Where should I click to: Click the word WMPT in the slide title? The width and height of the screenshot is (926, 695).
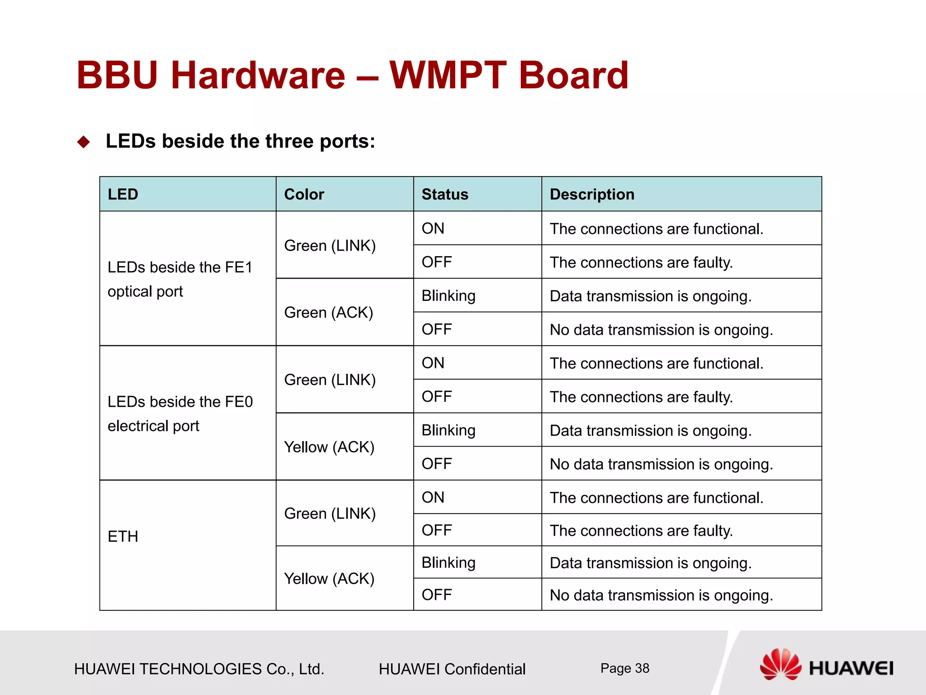(448, 75)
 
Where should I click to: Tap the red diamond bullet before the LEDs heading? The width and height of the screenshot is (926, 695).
(84, 142)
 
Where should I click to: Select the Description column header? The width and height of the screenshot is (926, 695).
(592, 194)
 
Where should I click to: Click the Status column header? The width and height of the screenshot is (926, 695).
(444, 194)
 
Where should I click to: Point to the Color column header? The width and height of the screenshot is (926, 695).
(304, 194)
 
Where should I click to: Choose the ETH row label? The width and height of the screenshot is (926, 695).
(123, 537)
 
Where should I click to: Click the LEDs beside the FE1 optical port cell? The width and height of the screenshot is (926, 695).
(180, 279)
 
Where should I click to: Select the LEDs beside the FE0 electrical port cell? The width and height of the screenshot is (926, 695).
(180, 414)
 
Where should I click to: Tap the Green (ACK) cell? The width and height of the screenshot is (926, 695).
(329, 313)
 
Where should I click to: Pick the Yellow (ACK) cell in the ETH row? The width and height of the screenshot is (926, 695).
(329, 579)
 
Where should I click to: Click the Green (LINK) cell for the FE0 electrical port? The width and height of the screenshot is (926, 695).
(330, 380)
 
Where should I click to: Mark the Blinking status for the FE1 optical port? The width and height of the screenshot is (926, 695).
(448, 296)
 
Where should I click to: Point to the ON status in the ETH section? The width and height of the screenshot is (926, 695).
(433, 497)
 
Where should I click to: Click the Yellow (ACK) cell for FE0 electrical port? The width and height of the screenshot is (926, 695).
(329, 447)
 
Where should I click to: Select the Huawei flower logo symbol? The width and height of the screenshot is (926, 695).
(780, 664)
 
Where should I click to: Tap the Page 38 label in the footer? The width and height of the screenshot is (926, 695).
(624, 668)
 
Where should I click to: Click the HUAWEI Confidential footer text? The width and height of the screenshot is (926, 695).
(452, 669)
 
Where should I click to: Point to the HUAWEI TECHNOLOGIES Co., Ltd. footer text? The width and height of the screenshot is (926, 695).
(199, 669)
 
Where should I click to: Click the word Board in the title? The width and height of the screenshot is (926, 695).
(573, 75)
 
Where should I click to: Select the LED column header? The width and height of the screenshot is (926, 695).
(123, 194)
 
